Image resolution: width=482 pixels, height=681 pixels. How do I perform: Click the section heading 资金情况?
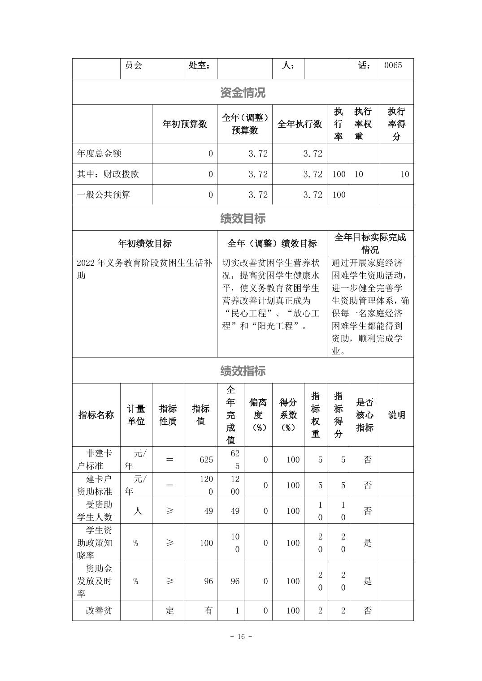point(243,92)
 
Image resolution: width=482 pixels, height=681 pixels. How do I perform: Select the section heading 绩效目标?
point(243,218)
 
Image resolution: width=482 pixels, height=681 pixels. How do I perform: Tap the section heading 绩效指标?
point(243,371)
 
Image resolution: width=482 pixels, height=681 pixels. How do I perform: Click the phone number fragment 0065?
point(393,65)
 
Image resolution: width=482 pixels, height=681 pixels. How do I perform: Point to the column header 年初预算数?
point(185,124)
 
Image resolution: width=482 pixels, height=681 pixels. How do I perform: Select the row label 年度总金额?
point(99,154)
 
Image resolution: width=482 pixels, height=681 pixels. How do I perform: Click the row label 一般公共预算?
point(104,195)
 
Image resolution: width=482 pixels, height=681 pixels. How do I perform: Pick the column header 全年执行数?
point(300,124)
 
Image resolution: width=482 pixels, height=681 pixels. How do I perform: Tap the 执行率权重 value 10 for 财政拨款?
point(359,174)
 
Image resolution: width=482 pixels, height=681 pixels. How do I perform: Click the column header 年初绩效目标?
point(145,243)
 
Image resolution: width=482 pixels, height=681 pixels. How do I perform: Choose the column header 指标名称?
point(96,415)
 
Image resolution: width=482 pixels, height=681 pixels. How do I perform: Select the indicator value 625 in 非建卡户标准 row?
point(206,460)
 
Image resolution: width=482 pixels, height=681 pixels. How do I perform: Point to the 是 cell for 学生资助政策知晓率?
point(368,543)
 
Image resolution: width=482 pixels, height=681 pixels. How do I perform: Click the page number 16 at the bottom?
point(241,637)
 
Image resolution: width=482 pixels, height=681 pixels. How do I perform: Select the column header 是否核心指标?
point(365,415)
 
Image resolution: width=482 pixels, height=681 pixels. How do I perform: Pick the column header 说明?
point(396,415)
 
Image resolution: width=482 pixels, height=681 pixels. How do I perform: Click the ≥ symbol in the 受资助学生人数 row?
point(169,511)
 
